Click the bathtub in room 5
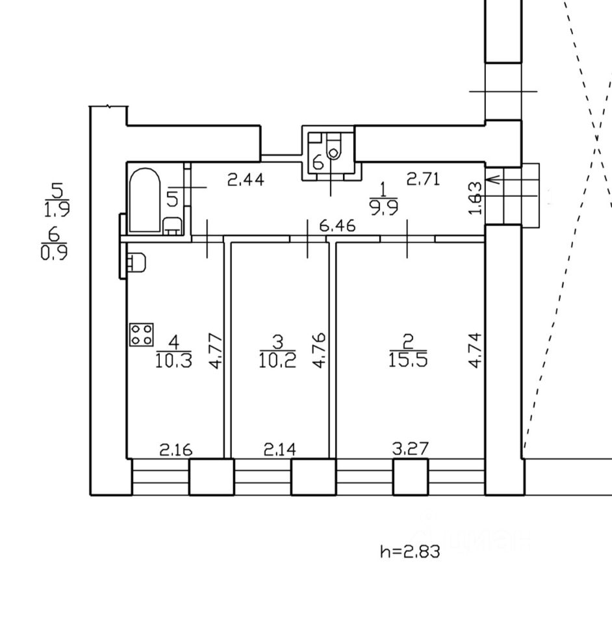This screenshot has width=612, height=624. click(144, 200)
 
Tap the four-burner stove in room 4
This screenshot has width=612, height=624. click(142, 335)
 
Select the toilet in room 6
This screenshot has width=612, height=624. click(333, 149)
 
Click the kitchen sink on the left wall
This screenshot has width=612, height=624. click(136, 263)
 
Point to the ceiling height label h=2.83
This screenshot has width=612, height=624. click(410, 552)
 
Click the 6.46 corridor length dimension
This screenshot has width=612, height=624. click(338, 226)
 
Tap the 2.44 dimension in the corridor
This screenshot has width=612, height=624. click(246, 179)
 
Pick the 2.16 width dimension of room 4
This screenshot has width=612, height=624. click(176, 448)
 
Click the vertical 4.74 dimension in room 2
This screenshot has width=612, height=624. click(476, 351)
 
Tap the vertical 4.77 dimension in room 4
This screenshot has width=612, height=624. click(216, 352)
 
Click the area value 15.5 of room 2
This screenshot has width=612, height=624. click(407, 359)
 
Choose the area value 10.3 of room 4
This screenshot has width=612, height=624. click(173, 359)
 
